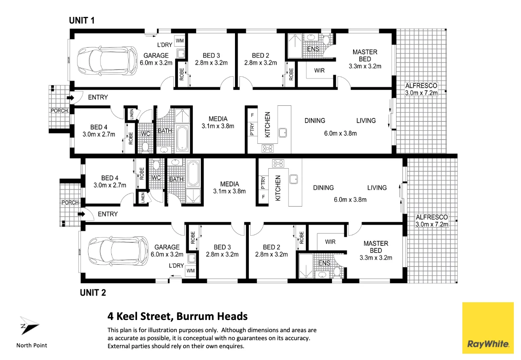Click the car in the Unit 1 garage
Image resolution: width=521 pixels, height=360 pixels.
point(107,61)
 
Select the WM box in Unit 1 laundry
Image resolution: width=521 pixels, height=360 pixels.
point(180,41)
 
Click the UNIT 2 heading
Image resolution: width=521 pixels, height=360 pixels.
point(93,293)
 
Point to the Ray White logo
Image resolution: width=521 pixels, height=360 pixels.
point(488,328)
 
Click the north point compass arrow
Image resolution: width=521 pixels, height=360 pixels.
point(29,325)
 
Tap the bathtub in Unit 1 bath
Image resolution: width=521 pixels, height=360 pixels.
point(182,139)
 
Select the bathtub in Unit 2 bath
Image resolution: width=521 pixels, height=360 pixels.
point(193,174)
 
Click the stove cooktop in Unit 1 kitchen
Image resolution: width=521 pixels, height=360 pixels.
point(267,148)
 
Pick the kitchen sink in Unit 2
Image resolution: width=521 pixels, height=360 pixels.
point(294,180)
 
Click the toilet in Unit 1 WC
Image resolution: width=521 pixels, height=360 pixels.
point(146,147)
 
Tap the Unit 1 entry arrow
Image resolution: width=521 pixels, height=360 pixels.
point(70,98)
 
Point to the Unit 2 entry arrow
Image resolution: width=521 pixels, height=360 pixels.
point(81,214)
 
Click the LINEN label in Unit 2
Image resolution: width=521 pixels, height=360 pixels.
point(143,198)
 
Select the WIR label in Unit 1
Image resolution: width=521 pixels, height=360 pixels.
point(319,70)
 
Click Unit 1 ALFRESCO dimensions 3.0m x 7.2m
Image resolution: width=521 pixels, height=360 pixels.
point(421,93)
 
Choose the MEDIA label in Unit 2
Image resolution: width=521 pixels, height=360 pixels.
point(229,184)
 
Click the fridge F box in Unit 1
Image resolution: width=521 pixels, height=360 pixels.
point(252,115)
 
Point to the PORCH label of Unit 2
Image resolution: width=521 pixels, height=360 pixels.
point(70,203)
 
